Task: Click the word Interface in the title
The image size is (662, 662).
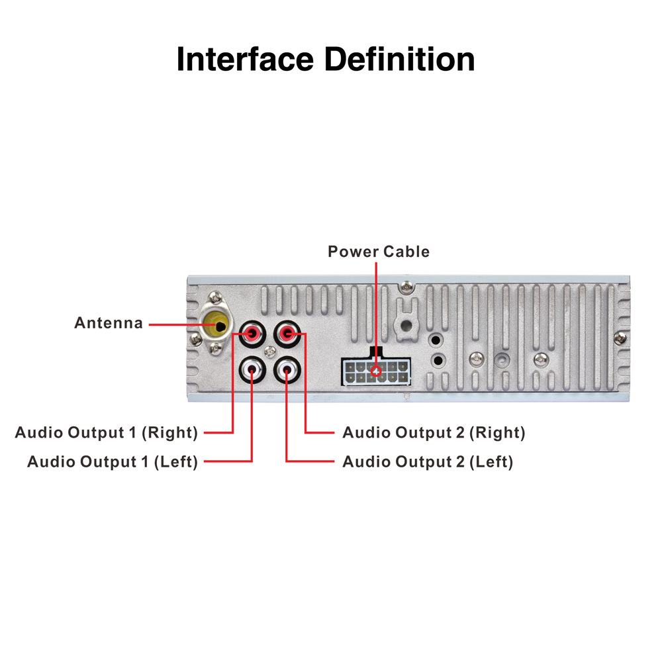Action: click(x=245, y=60)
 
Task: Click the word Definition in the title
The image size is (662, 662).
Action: click(x=399, y=60)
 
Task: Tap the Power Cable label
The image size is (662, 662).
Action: click(x=379, y=252)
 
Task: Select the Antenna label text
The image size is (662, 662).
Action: click(x=109, y=324)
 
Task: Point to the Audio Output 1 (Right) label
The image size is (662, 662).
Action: click(x=107, y=433)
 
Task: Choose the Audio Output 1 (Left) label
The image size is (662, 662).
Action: click(x=113, y=461)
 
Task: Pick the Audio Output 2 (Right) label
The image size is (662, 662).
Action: click(x=434, y=433)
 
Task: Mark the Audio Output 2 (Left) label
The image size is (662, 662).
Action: click(x=428, y=461)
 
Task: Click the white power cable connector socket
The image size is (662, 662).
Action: click(x=375, y=372)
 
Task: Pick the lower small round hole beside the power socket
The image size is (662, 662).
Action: click(x=437, y=361)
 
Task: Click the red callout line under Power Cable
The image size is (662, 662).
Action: click(x=376, y=311)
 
